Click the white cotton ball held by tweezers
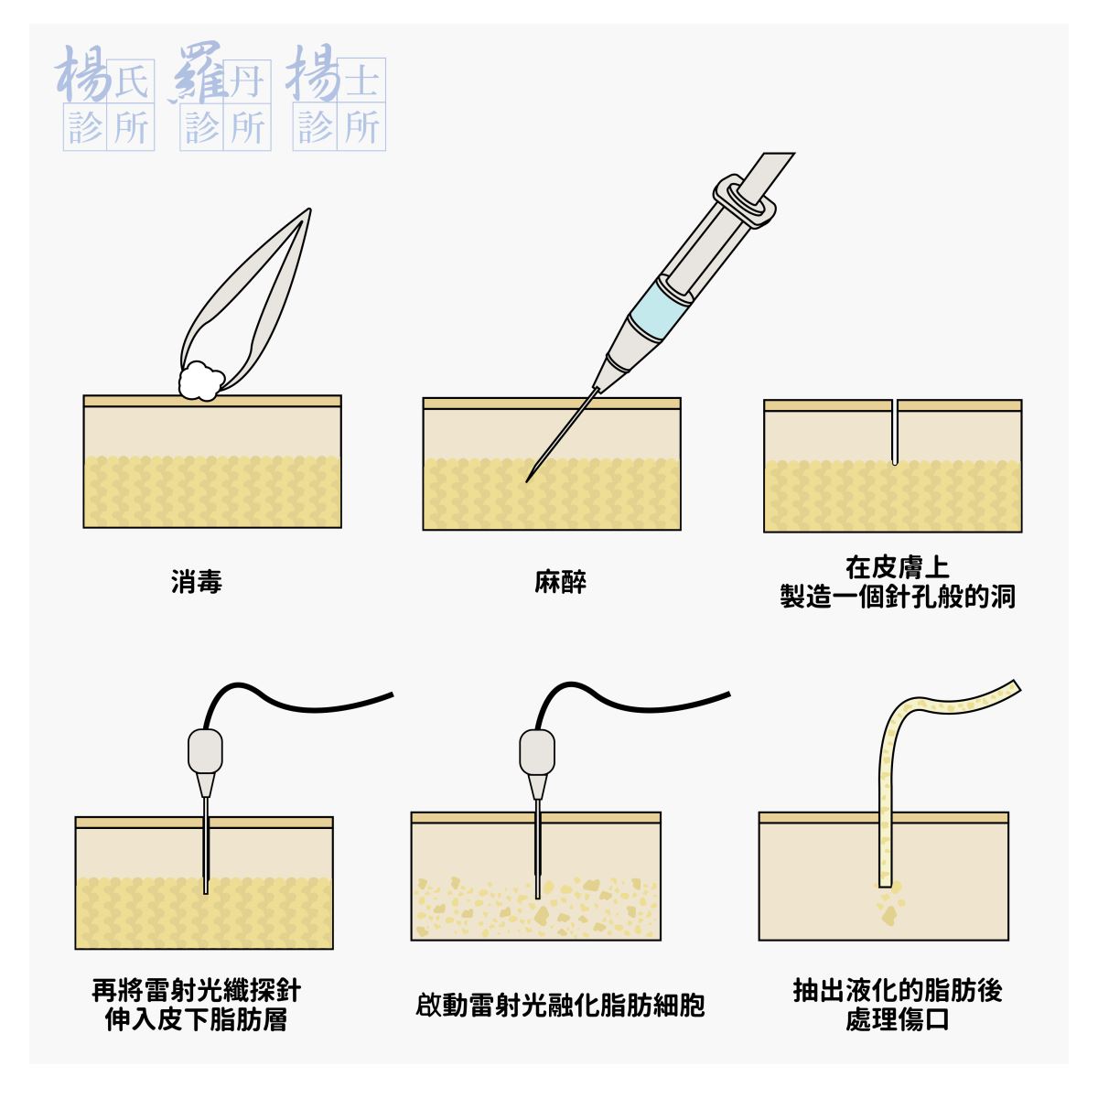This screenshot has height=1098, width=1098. coord(200,381)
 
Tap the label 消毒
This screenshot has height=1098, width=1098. coord(197,582)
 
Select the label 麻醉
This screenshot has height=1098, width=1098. coord(560,582)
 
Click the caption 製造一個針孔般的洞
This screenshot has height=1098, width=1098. coord(897,597)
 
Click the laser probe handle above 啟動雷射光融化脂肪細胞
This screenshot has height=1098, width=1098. coord(537,752)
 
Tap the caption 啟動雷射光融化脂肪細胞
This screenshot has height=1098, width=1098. coord(560,1006)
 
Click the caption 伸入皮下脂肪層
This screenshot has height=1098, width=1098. coord(197,1020)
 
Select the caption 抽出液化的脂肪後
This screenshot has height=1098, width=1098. coord(897,990)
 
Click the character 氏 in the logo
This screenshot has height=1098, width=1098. coord(130,83)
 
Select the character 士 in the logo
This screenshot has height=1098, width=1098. coord(361,81)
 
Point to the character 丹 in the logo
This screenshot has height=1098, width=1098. coord(245,83)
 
